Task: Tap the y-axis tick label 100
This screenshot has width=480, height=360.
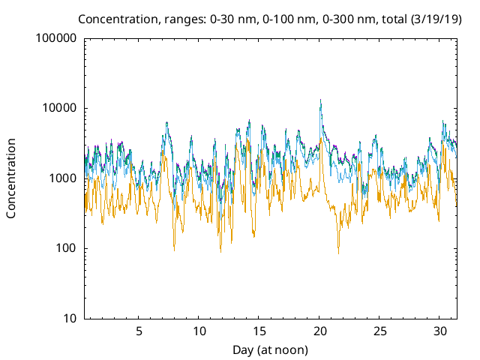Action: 66,248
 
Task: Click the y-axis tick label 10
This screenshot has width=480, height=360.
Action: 69,319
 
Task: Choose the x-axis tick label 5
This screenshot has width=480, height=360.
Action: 139,331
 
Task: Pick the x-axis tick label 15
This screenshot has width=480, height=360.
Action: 259,331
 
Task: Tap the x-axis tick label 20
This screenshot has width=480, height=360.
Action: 320,331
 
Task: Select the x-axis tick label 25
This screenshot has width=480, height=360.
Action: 380,331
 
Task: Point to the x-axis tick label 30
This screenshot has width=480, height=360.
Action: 441,331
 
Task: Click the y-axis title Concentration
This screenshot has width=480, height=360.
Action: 12,178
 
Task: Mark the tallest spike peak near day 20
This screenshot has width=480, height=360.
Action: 321,100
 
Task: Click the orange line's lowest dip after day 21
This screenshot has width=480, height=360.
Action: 338,253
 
